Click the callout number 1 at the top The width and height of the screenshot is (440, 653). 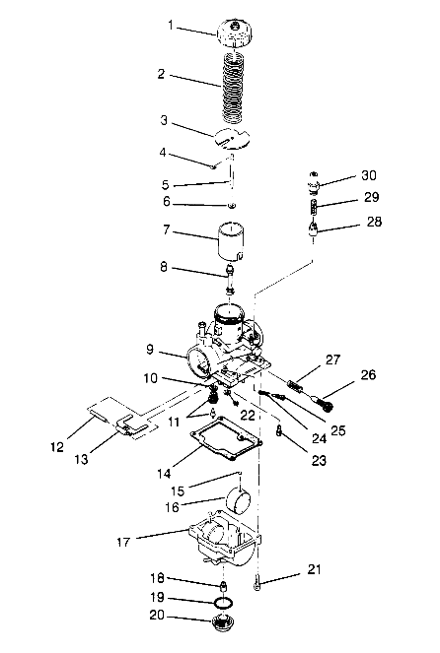[170, 25]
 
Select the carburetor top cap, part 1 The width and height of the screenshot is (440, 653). [235, 33]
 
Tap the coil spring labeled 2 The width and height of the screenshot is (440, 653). [233, 87]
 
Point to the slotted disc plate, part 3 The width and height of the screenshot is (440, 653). [232, 139]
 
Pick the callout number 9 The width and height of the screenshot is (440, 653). [150, 349]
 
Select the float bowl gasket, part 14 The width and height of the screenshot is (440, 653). [227, 438]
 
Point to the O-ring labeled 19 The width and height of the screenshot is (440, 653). [223, 603]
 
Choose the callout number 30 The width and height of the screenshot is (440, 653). [369, 175]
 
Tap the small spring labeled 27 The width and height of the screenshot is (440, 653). [297, 383]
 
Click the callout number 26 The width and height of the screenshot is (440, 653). [368, 375]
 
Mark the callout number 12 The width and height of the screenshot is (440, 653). [57, 447]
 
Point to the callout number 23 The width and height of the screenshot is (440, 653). [319, 460]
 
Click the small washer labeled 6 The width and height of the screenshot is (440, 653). [232, 205]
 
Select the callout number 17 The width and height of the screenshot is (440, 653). [123, 543]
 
